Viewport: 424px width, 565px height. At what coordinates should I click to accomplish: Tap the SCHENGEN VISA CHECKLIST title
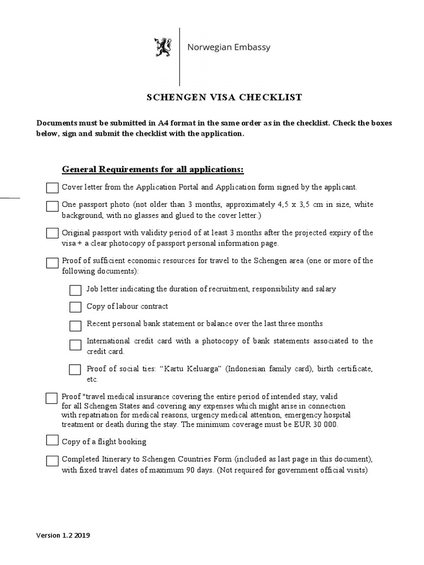click(224, 98)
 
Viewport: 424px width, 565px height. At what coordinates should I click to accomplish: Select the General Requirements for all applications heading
click(152, 168)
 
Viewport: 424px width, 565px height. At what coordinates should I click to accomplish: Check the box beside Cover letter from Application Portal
click(52, 188)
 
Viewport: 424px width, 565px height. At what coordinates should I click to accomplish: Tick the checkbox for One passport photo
click(52, 206)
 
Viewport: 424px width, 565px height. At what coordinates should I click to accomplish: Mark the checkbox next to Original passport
click(52, 233)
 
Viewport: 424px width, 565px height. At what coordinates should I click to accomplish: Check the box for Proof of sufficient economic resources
click(52, 262)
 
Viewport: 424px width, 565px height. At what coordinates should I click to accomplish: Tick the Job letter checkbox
click(75, 290)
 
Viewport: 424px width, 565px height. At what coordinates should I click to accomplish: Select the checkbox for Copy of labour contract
click(75, 307)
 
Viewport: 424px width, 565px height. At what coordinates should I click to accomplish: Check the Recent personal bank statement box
click(75, 325)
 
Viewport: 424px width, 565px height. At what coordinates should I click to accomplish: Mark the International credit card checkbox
click(75, 345)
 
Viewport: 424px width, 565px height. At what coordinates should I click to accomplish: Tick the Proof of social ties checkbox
click(75, 369)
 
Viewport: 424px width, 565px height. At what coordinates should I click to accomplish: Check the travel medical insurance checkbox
click(51, 398)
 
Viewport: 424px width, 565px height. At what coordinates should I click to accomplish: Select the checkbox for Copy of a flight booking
click(52, 440)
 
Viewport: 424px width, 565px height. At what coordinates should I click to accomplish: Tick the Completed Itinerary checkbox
click(52, 461)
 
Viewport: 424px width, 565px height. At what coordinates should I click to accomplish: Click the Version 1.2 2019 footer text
click(63, 535)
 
